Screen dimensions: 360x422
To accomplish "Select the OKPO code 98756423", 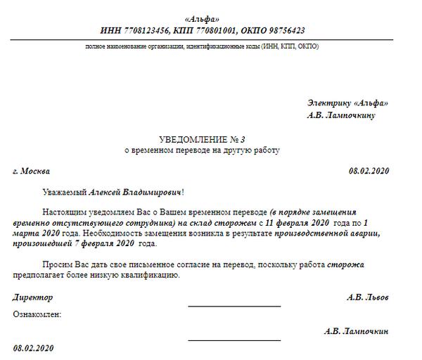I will tap(279, 30).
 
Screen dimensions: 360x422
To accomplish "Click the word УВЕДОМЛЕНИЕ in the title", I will tap(192, 139).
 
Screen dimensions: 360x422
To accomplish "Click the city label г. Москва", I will tap(32, 170).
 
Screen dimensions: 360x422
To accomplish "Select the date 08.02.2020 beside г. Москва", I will tap(369, 170).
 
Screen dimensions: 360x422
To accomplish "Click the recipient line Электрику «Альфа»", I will tap(347, 103).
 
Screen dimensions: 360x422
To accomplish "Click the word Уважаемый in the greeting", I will tap(62, 191).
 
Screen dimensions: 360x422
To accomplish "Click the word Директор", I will tap(33, 297).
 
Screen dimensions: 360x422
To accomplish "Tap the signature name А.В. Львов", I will tap(367, 297).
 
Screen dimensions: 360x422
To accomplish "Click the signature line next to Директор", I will tap(234, 306).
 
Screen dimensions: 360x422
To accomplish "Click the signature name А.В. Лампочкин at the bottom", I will tap(357, 330).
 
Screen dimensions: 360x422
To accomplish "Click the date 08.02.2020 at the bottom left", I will tap(33, 348).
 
